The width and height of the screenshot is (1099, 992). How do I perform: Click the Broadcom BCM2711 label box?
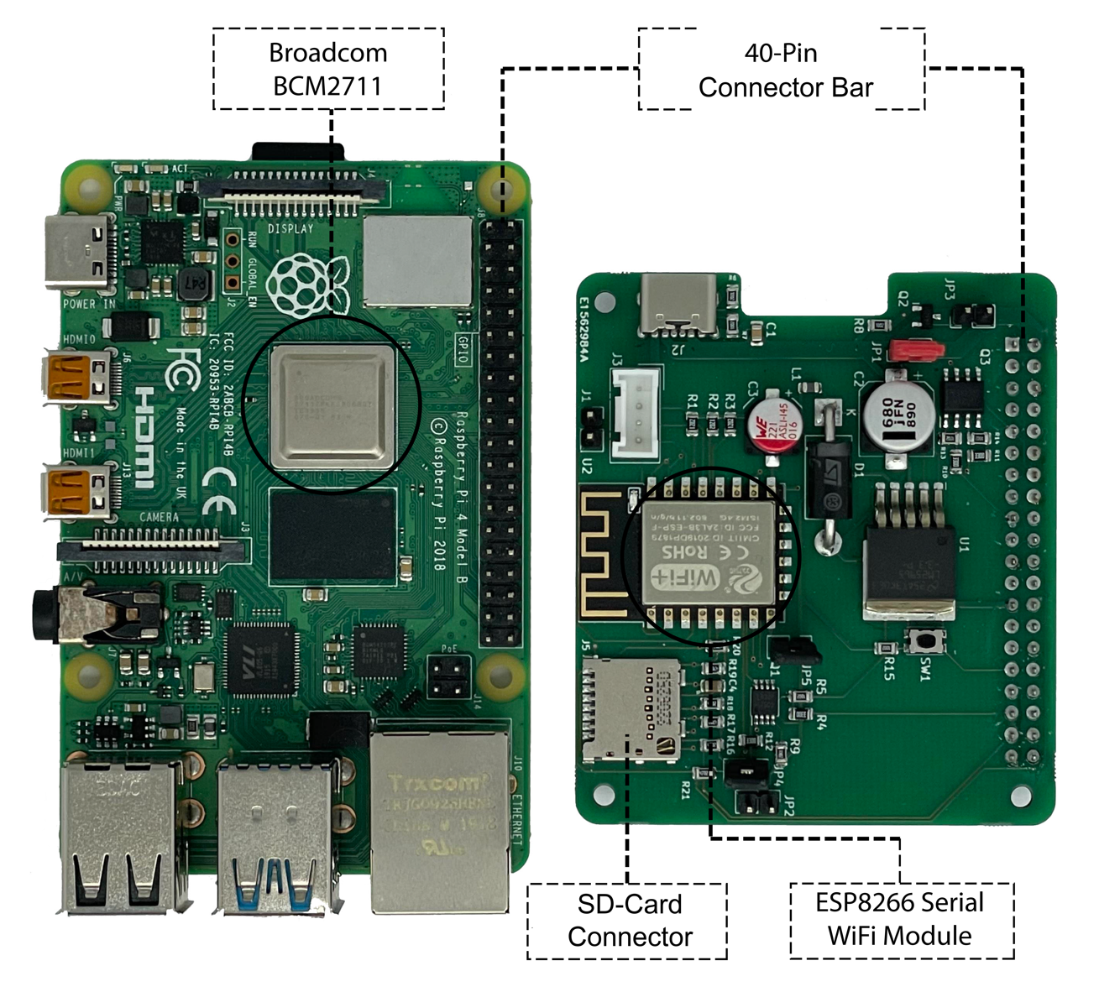pos(328,69)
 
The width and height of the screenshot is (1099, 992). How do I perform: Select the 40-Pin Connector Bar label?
pos(782,70)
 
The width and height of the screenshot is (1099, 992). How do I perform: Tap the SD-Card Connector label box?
pos(628,921)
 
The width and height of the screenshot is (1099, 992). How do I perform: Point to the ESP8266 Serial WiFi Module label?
pos(901,920)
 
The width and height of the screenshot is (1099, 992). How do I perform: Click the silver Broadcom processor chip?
pos(333,405)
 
